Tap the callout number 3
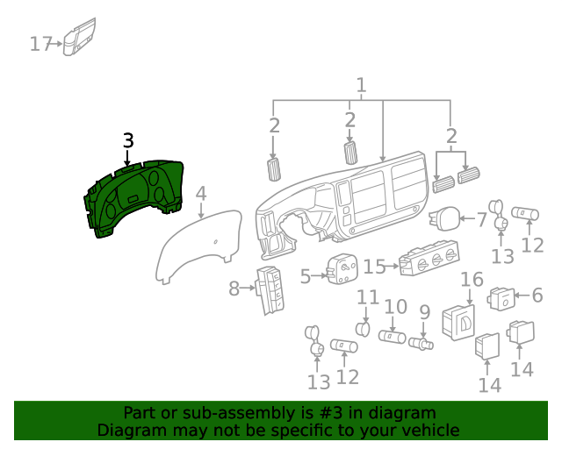(128, 140)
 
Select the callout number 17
(41, 43)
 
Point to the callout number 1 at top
(361, 85)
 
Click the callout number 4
(201, 193)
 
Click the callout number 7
(481, 219)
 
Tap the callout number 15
(375, 266)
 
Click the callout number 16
(472, 280)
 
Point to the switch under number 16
(458, 321)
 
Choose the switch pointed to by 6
(506, 299)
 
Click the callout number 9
(424, 310)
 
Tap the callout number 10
(395, 307)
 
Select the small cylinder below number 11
(361, 329)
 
